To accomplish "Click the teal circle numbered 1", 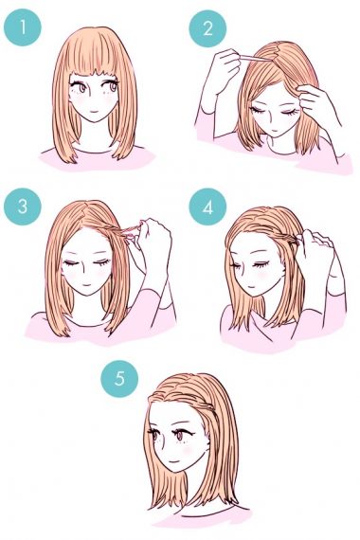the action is (x=23, y=27).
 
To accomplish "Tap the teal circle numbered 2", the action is (x=207, y=28).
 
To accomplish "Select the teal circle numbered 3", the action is (x=23, y=207).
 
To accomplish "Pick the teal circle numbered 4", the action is (x=207, y=207).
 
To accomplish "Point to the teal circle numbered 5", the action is (x=119, y=378).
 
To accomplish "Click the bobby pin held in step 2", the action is (x=253, y=58).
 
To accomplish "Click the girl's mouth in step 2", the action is (x=275, y=131).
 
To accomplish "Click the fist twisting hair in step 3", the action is (x=153, y=241).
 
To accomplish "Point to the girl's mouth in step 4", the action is (x=249, y=288).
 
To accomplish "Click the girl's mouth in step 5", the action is (x=175, y=461).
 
